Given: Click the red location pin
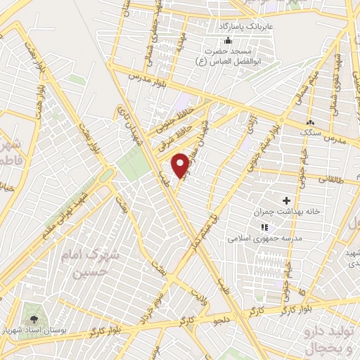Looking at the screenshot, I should click(182, 165).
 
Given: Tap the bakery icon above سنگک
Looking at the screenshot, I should click(310, 120).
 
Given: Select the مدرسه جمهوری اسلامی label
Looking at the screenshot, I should click(263, 238).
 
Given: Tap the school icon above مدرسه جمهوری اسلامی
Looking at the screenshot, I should click(264, 227).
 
